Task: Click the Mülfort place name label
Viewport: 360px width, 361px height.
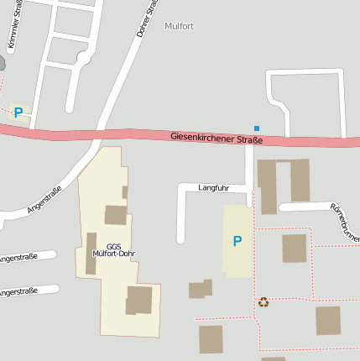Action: [180, 26]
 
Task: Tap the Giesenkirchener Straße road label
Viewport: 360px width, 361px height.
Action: [217, 138]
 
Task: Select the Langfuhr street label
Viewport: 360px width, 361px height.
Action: [213, 187]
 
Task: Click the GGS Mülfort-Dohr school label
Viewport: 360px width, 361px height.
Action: [114, 249]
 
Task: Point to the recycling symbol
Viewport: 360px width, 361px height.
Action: [263, 301]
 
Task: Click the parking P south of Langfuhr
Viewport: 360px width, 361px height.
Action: [237, 241]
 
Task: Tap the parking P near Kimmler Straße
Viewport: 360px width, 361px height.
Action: [18, 112]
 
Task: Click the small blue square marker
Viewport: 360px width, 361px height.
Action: [257, 128]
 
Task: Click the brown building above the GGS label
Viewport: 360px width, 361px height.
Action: [116, 215]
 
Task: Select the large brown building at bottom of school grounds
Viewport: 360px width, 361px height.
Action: [139, 300]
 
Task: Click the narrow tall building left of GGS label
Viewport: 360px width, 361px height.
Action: [91, 253]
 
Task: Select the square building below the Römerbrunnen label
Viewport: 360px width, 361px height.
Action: [294, 249]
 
